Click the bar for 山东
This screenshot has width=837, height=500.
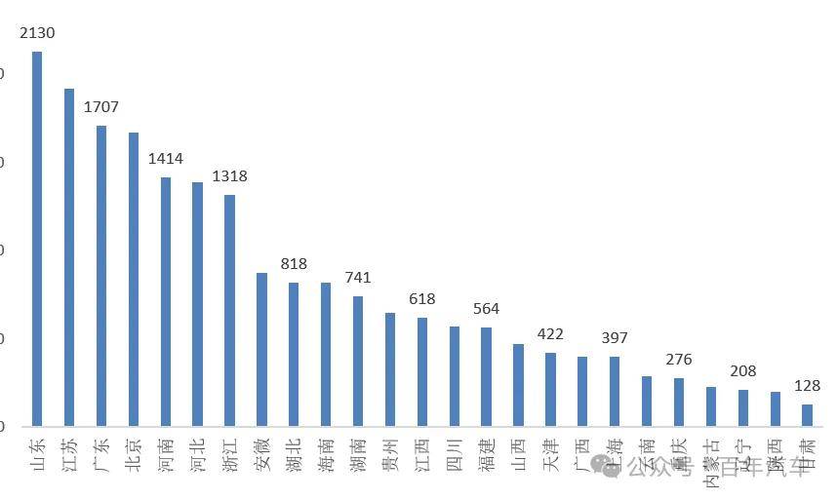click(37, 239)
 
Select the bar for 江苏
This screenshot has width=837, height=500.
click(69, 257)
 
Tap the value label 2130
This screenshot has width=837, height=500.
click(37, 33)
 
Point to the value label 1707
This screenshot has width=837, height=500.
click(101, 107)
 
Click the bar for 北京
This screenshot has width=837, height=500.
click(134, 280)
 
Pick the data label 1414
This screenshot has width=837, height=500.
click(166, 159)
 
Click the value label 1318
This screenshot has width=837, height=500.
click(230, 176)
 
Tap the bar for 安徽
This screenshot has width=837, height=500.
click(261, 349)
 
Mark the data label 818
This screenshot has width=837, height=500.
click(294, 264)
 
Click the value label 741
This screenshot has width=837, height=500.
click(358, 278)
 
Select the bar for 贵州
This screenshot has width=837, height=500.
click(390, 369)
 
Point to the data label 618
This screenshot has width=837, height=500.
click(422, 299)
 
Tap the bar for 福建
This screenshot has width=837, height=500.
click(486, 377)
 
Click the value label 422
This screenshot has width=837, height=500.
click(550, 334)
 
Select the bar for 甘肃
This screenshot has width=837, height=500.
click(807, 415)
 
